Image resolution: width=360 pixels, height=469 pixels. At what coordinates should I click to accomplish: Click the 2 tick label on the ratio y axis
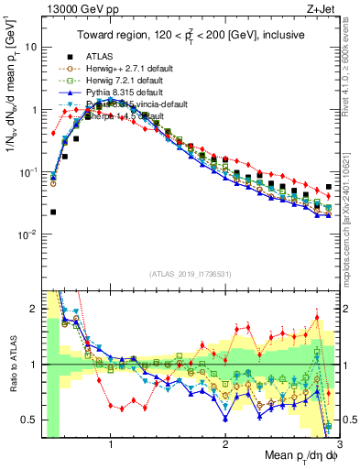(33, 308)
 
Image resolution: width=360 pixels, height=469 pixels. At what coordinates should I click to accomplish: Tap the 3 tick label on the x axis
(340, 444)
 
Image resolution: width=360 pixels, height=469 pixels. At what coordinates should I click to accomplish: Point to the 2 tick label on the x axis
(225, 444)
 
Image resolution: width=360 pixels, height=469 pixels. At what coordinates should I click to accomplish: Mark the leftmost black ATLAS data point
(53, 212)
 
